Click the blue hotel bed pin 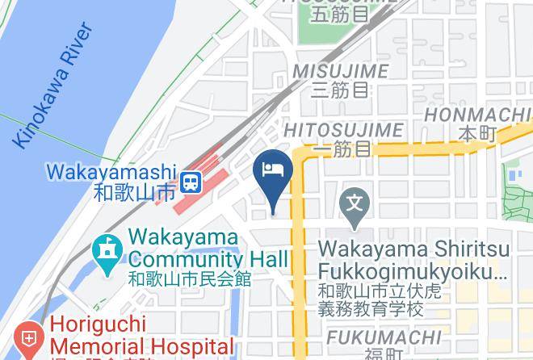(x=273, y=173)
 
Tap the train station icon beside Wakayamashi (x=191, y=182)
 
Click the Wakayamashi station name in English (x=111, y=172)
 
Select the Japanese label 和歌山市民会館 (x=190, y=279)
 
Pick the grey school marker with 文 (x=357, y=201)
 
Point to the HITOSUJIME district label (x=343, y=129)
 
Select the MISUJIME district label (x=340, y=71)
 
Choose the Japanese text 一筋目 (x=341, y=149)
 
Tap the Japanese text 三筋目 (x=339, y=90)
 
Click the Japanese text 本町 (x=476, y=133)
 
